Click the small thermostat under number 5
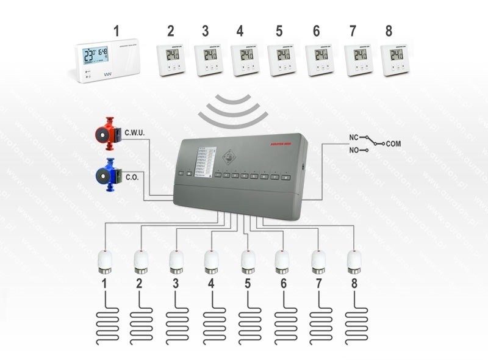pyautogui.click(x=282, y=60)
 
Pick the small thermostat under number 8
pyautogui.click(x=396, y=60)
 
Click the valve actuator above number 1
pyautogui.click(x=105, y=261)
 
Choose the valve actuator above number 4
pyautogui.click(x=211, y=261)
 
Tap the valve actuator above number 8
pyautogui.click(x=353, y=261)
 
